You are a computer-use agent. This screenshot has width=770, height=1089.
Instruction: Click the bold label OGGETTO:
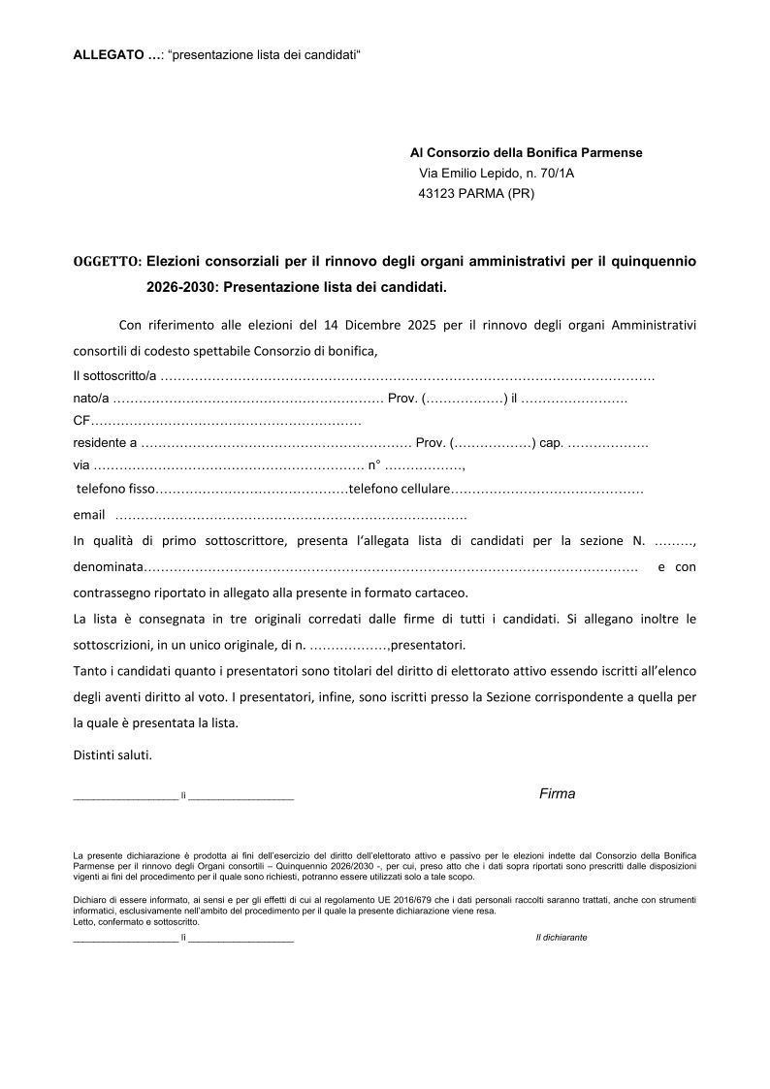(x=108, y=262)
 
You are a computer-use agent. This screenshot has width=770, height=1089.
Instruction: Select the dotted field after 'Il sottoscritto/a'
(x=407, y=375)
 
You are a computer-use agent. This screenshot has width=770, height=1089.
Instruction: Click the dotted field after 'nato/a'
(x=246, y=399)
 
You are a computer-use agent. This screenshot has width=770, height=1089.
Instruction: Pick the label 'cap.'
(x=551, y=443)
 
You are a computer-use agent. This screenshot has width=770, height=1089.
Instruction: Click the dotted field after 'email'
(x=291, y=514)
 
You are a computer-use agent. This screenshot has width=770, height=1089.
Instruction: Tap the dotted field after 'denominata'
(x=392, y=566)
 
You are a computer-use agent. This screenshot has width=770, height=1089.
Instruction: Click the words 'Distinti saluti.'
(x=112, y=753)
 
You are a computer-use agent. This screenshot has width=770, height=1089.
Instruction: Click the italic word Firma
(x=557, y=794)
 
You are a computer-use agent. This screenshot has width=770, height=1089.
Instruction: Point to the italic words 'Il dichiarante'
(x=561, y=939)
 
